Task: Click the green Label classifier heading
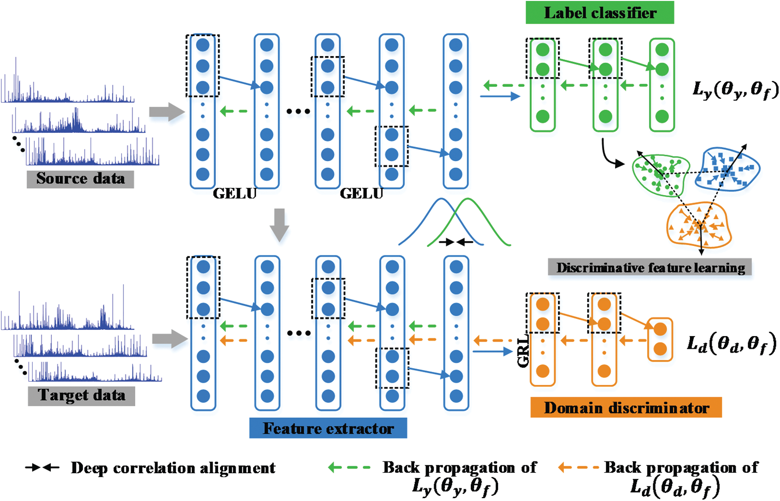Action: [599, 13]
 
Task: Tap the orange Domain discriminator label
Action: [626, 408]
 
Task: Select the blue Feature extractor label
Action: [328, 428]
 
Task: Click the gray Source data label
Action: [80, 179]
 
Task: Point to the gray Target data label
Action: [82, 395]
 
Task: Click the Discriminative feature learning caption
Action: [650, 268]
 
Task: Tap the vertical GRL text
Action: [523, 352]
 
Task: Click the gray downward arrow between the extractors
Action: [279, 225]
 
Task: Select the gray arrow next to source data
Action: [166, 112]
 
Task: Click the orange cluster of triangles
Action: [698, 225]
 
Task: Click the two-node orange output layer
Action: [660, 339]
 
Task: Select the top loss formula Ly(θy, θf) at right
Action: [735, 89]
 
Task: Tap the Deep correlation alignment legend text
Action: [173, 468]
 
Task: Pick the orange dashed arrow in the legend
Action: [578, 468]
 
